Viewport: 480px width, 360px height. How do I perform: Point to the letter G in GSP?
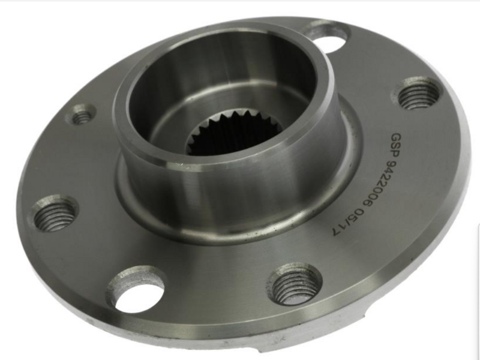click(397, 137)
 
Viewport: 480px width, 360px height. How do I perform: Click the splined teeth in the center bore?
click(233, 132)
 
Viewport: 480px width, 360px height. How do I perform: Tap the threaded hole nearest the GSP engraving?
click(417, 94)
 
